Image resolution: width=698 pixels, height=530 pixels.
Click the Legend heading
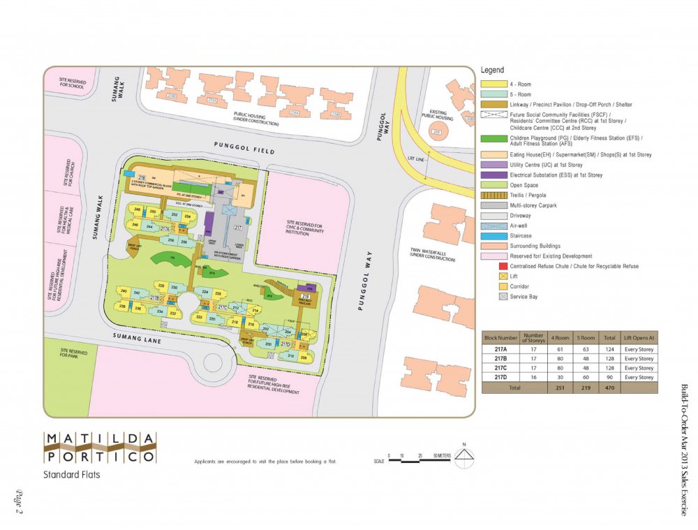click(492, 71)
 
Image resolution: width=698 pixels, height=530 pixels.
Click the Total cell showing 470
click(609, 387)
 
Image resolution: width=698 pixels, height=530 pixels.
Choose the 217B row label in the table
click(500, 358)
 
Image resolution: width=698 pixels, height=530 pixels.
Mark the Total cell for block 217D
click(609, 377)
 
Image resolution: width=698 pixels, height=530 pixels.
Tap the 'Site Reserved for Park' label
click(73, 353)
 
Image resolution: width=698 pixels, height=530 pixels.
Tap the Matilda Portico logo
click(100, 448)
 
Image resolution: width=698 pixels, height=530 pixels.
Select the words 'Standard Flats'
click(71, 476)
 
